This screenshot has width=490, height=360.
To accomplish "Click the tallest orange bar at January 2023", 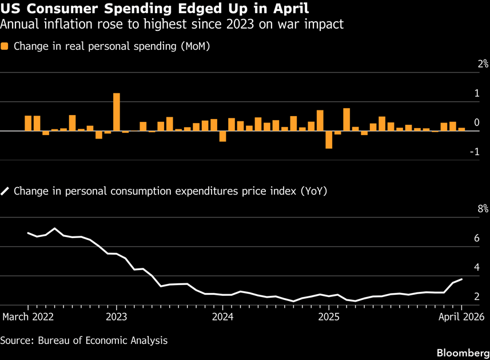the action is [117, 112].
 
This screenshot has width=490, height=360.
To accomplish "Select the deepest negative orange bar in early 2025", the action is [329, 140].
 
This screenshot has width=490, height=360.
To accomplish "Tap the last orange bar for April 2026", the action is [461, 129].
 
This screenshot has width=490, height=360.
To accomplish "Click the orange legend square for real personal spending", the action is [5, 46].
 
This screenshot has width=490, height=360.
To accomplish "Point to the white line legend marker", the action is [5, 191].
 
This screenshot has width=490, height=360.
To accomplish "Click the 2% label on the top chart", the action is [483, 64].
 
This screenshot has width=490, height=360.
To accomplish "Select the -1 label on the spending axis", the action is [475, 152].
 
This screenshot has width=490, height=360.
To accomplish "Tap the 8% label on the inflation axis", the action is [483, 209].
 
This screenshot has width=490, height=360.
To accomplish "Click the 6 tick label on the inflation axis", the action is [476, 238].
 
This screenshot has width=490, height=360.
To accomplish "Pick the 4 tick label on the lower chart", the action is [476, 267].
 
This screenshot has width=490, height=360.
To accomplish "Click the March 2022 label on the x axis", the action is [28, 317].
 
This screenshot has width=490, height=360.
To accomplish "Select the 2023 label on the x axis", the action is [117, 317].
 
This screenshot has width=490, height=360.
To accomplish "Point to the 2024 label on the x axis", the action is [222, 317].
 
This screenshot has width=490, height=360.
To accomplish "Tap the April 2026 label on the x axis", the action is [461, 317].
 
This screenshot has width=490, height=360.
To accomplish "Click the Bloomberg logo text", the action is [463, 353].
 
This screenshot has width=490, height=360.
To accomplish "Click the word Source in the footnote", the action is [17, 341].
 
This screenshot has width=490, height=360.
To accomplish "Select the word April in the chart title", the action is [290, 9].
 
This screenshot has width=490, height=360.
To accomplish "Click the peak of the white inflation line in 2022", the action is [55, 228].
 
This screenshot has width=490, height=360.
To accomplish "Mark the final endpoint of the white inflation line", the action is [461, 279].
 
